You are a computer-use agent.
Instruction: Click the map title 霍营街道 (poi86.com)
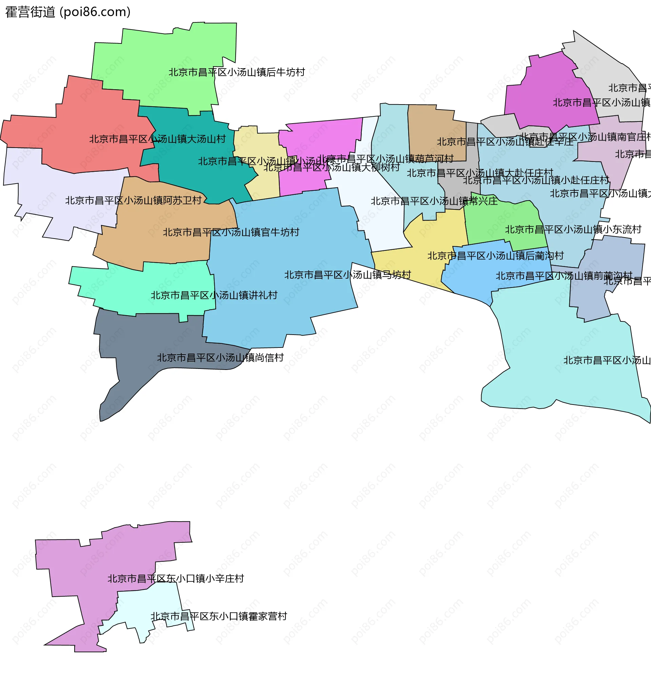[68, 12]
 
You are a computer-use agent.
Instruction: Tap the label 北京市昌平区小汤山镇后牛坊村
[236, 72]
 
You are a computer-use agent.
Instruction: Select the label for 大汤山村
[157, 139]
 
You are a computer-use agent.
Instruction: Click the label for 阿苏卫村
[133, 200]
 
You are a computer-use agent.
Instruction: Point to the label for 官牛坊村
[231, 232]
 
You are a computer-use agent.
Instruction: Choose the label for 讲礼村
[214, 295]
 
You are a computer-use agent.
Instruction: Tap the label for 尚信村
[220, 358]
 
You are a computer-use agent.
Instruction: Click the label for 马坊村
[347, 275]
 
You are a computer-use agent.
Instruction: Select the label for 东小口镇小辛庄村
[176, 579]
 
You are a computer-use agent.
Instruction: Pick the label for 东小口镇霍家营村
[218, 616]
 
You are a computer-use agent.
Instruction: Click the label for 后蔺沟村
[495, 256]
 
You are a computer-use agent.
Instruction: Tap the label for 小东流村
[573, 229]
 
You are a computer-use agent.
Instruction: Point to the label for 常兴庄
[434, 201]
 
